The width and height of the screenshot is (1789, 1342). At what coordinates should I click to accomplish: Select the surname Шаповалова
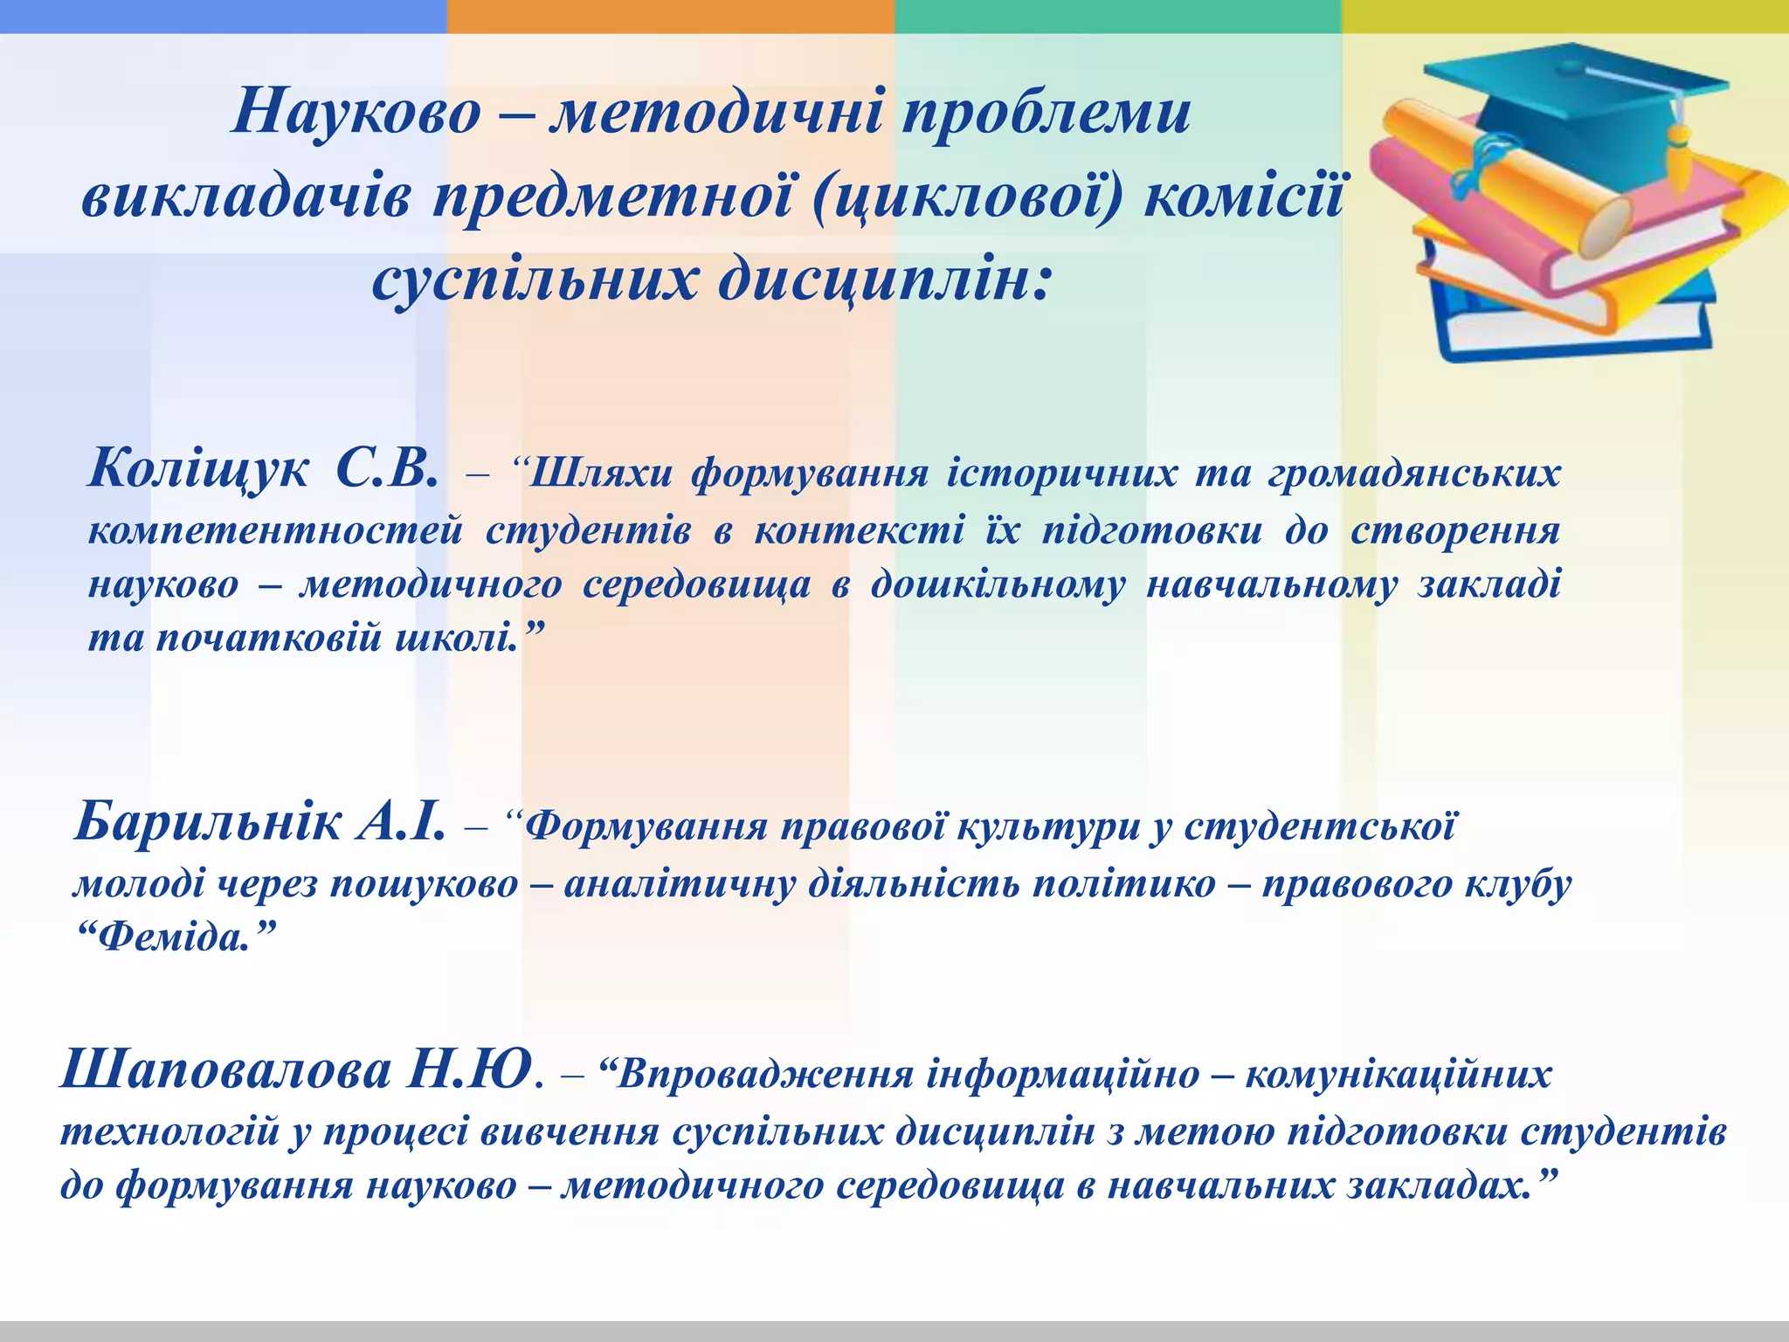(x=225, y=1071)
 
